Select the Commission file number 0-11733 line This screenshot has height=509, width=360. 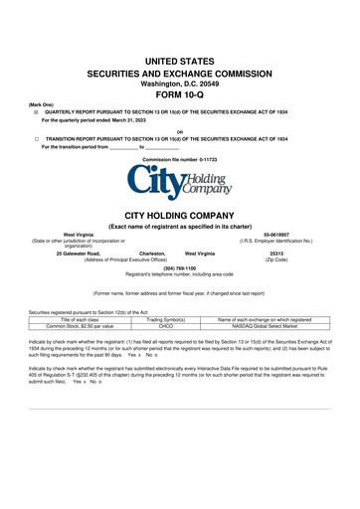pyautogui.click(x=179, y=159)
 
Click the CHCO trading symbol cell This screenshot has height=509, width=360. pyautogui.click(x=166, y=324)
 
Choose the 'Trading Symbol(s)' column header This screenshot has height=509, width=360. pyautogui.click(x=166, y=318)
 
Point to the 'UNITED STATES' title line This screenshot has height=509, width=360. pyautogui.click(x=179, y=62)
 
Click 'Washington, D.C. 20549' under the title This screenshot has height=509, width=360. pyautogui.click(x=179, y=85)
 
